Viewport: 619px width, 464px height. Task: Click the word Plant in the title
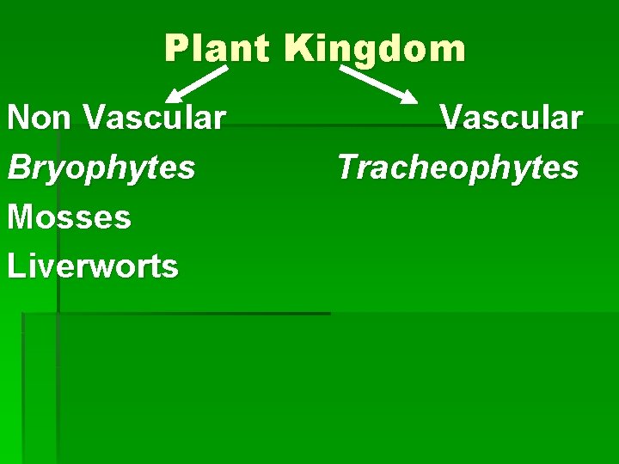(217, 49)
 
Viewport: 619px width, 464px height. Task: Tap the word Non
(40, 118)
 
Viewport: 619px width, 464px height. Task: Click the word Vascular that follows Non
(155, 118)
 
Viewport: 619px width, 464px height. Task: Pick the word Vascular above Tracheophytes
(511, 118)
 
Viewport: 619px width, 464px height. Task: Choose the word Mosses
(70, 217)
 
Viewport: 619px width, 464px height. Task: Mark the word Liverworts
(93, 266)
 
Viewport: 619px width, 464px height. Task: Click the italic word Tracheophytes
(457, 168)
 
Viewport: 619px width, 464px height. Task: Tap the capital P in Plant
(176, 49)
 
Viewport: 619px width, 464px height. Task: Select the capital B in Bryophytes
(19, 168)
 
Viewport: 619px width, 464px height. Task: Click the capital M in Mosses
(21, 217)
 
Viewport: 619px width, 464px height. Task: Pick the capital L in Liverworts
(15, 266)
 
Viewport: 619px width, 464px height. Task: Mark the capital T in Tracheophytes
(349, 168)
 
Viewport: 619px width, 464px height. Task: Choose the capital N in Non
(20, 118)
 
